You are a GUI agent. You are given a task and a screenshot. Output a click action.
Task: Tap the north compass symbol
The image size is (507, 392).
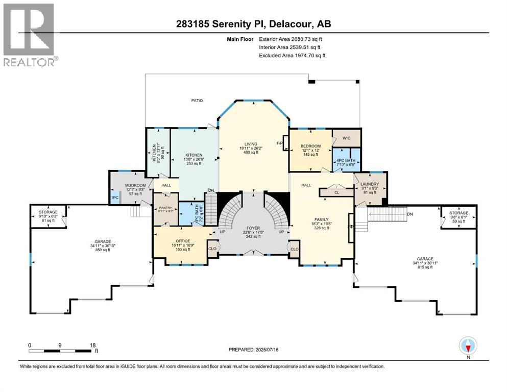pyautogui.click(x=468, y=346)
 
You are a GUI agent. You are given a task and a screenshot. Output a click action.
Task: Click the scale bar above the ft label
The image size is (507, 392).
pyautogui.click(x=61, y=351)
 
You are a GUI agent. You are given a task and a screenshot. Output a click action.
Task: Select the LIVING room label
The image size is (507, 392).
pyautogui.click(x=250, y=144)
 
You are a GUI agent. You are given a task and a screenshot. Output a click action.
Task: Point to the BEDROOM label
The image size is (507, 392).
pyautogui.click(x=310, y=146)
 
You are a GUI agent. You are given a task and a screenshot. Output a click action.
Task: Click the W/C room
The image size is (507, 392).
pyautogui.click(x=346, y=138)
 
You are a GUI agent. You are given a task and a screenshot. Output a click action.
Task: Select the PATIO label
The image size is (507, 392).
pyautogui.click(x=197, y=101)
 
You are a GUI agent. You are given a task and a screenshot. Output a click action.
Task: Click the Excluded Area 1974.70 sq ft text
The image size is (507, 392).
pyautogui.click(x=292, y=56)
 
